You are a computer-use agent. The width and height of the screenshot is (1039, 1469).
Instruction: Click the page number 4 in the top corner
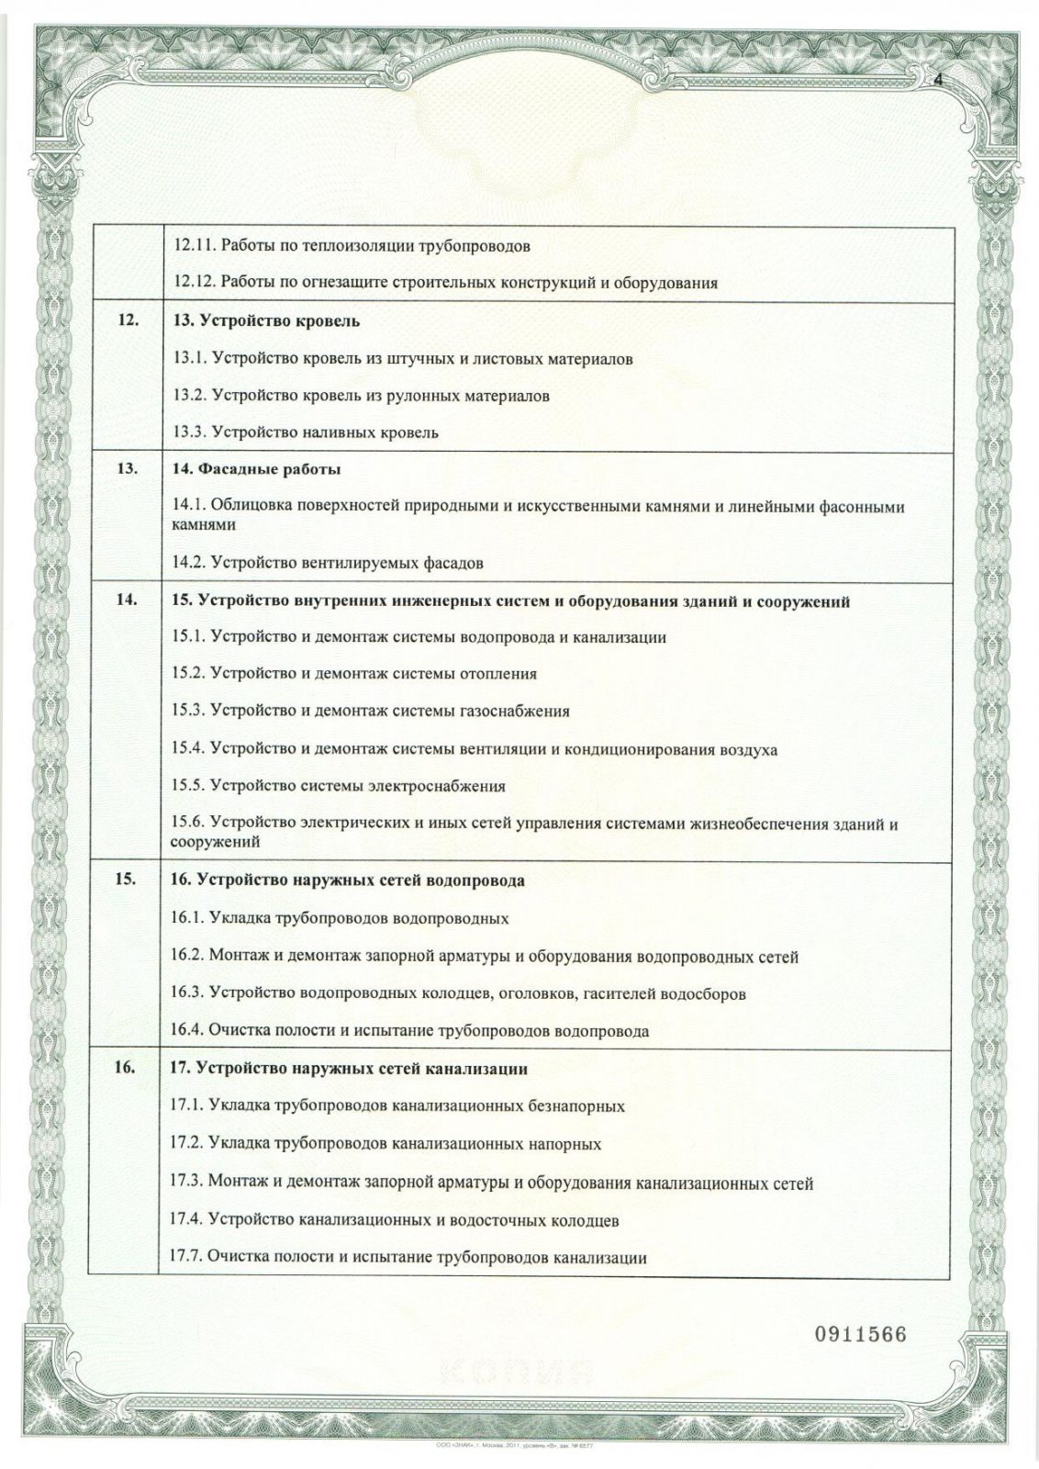pos(939,80)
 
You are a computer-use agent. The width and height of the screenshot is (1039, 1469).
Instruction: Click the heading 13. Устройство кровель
pos(266,321)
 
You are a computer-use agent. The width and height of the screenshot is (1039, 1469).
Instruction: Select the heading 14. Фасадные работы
pos(256,470)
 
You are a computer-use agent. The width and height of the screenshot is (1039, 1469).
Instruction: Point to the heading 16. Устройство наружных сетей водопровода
pos(349,880)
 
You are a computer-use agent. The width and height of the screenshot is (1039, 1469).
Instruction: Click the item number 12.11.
pos(194,246)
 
